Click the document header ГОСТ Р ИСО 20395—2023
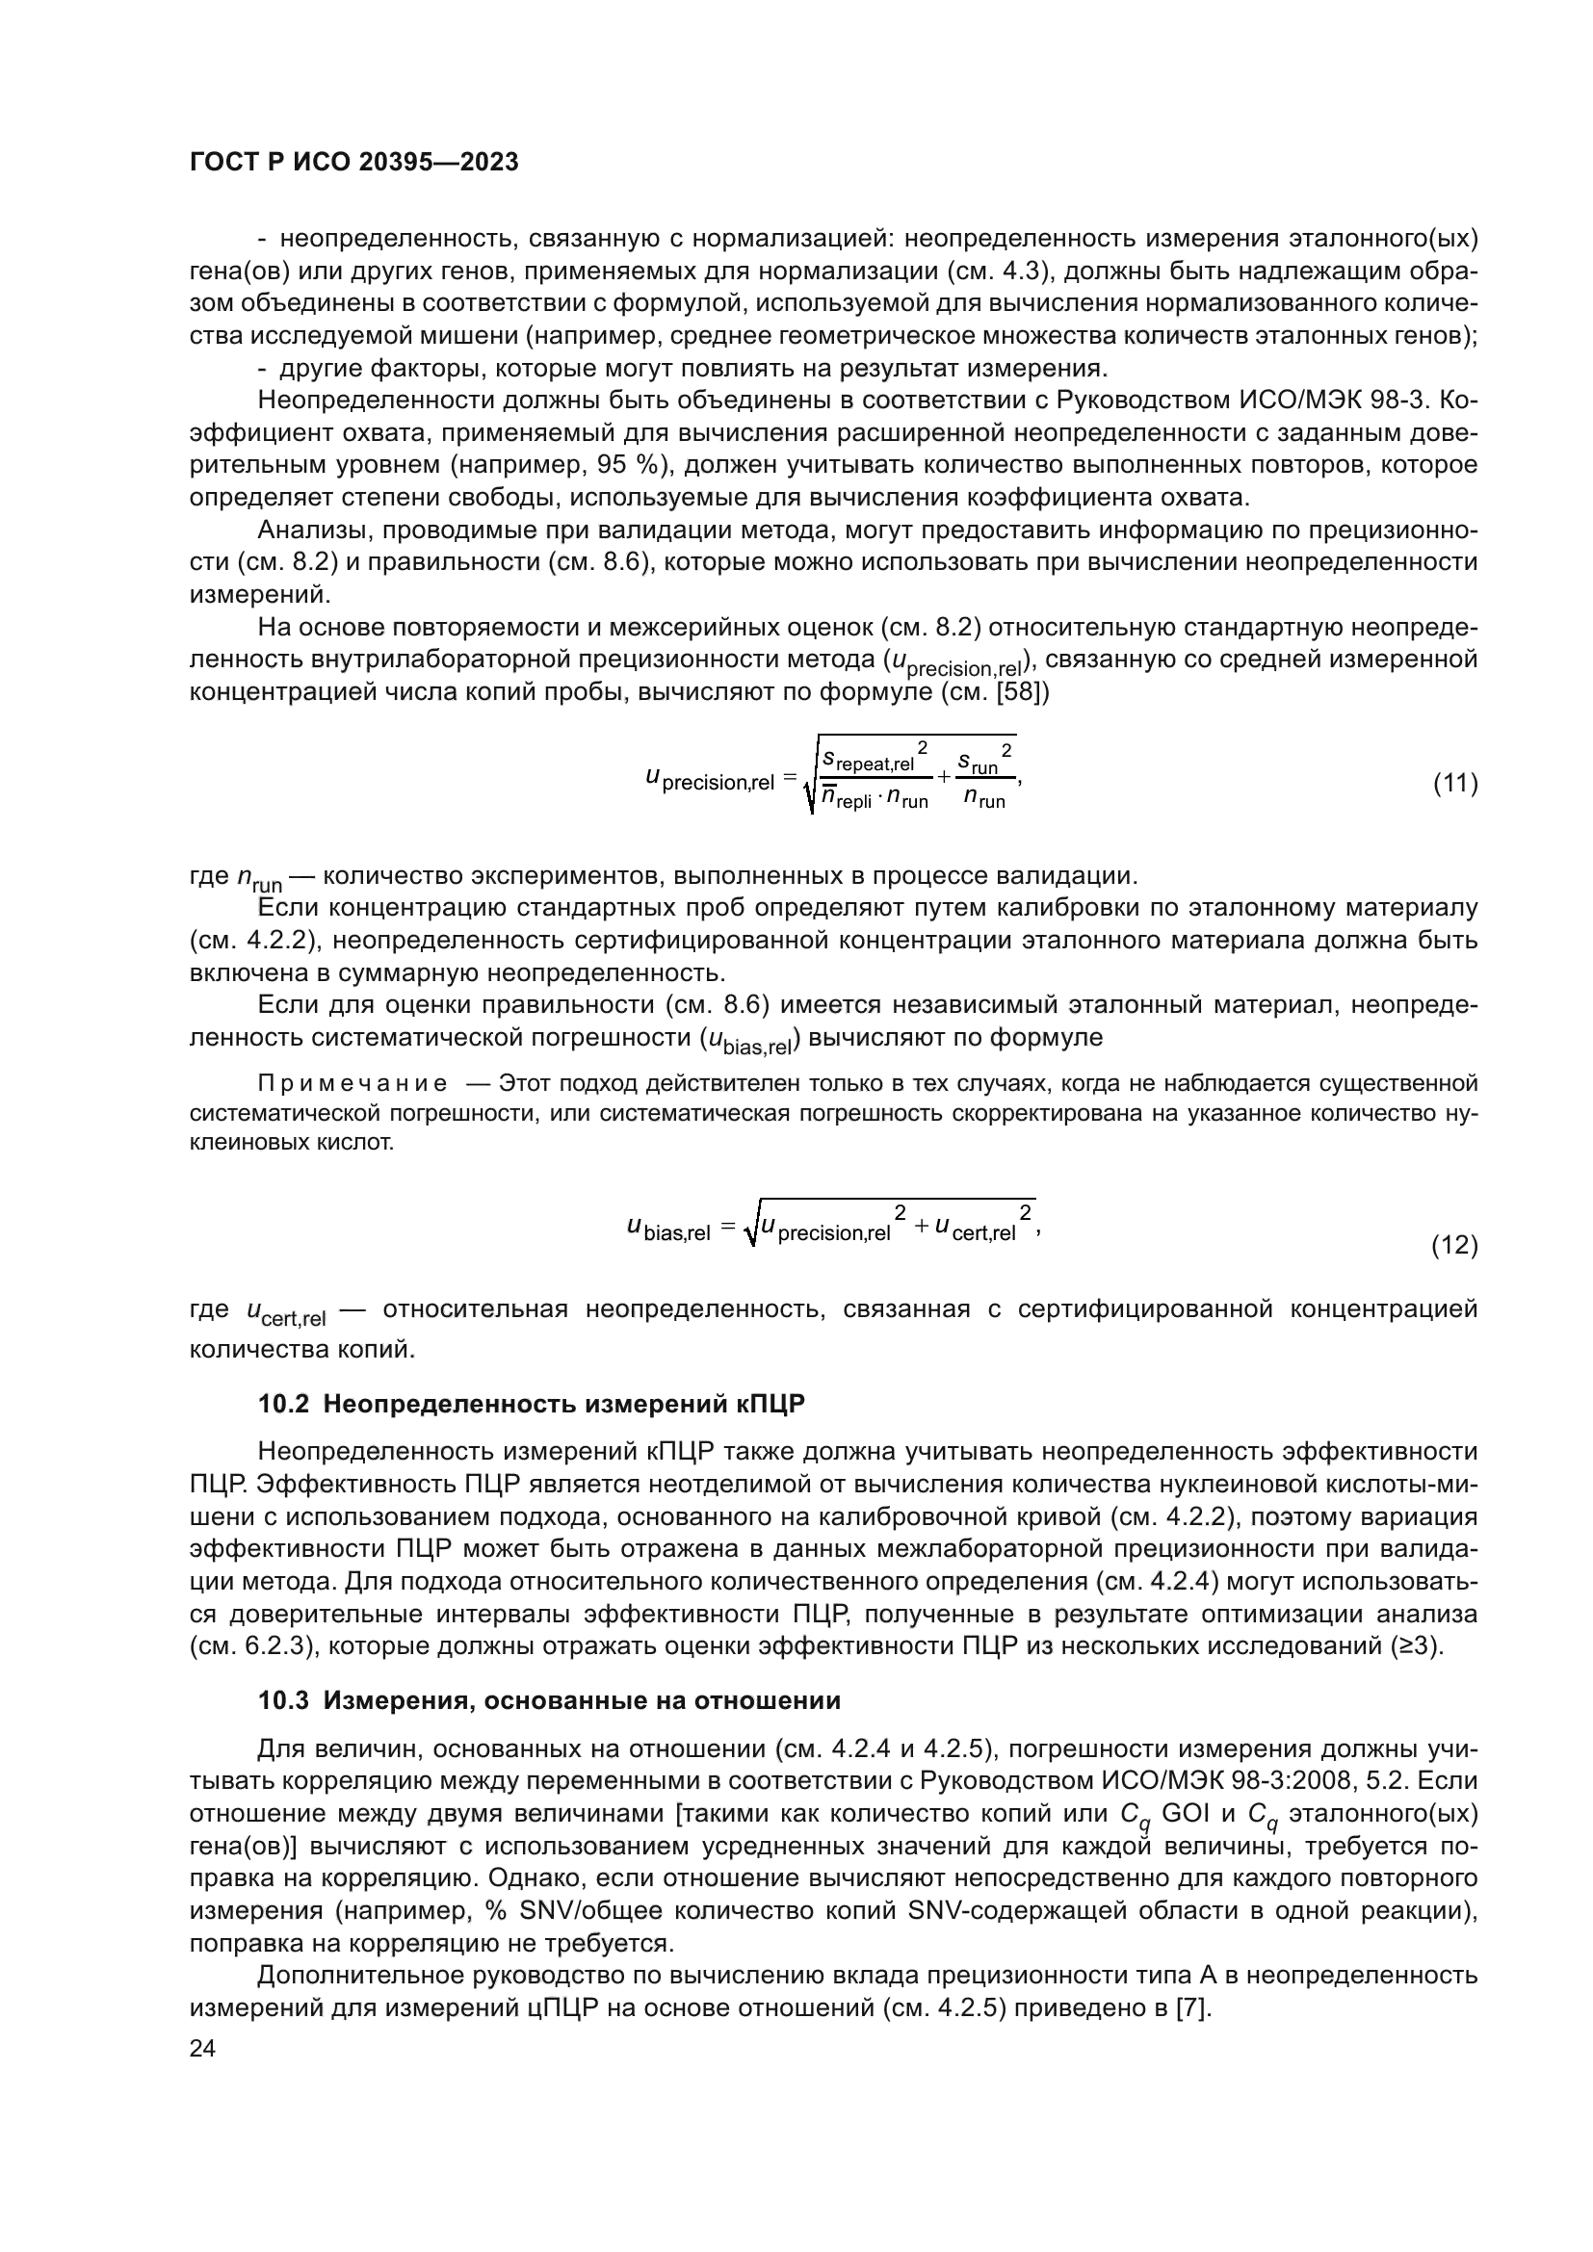[x=353, y=163]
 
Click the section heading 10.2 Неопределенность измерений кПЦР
[x=531, y=1405]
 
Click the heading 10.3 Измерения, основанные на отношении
[x=549, y=1700]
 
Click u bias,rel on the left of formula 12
[x=668, y=1229]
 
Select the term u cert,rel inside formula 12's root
[x=975, y=1229]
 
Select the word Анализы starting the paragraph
[x=315, y=531]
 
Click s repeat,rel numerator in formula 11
[x=867, y=761]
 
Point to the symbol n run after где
[x=260, y=878]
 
